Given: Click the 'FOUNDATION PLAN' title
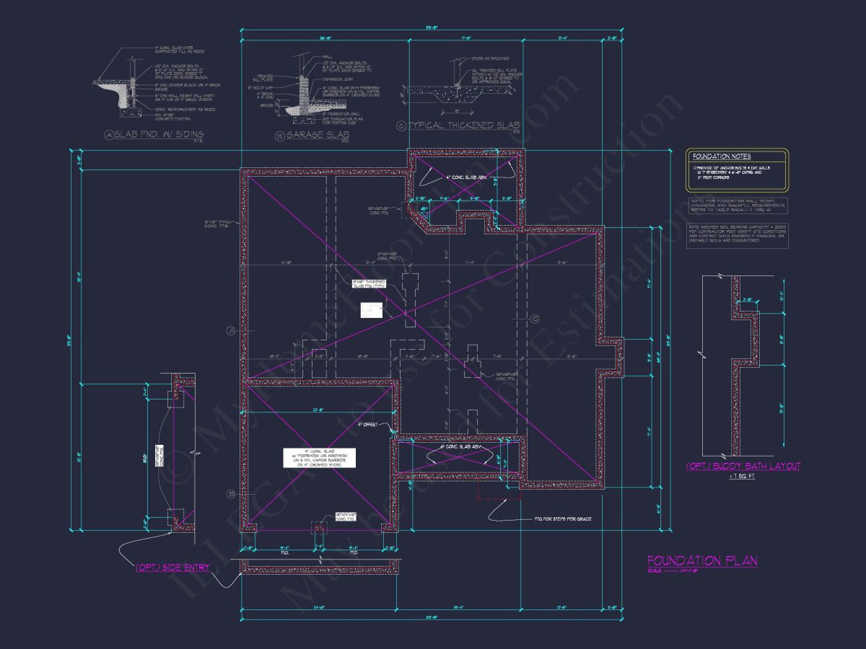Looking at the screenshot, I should click(701, 561).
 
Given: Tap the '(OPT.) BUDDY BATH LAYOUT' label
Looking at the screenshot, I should click(743, 467).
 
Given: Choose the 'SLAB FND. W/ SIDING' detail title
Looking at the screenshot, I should click(154, 134).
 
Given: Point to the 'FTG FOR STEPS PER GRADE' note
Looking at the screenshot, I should click(562, 518).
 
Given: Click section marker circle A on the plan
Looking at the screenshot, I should click(232, 330).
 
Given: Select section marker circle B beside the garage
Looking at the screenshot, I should click(232, 494).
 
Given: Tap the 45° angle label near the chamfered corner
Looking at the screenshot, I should click(424, 209).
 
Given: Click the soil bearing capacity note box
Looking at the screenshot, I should click(737, 236).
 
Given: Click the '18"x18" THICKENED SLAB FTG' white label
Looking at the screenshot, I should click(369, 283).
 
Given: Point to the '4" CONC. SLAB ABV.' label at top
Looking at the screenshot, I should click(462, 177).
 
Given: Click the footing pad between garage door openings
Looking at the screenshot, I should click(318, 528).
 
